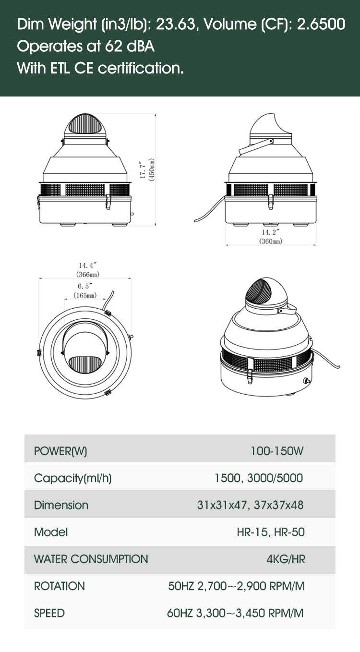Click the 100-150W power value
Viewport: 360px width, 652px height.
click(x=277, y=451)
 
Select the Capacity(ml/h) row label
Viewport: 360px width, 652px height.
click(x=72, y=478)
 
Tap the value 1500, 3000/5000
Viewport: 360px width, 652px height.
click(x=258, y=478)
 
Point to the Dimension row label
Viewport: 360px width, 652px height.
click(x=61, y=505)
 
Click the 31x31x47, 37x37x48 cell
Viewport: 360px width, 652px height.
click(x=250, y=505)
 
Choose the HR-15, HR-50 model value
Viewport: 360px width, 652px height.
click(x=271, y=532)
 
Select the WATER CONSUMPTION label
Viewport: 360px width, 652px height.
click(x=91, y=559)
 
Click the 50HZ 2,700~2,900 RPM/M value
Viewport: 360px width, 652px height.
click(x=236, y=586)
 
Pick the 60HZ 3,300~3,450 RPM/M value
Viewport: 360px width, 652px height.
click(x=236, y=613)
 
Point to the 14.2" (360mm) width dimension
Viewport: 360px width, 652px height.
click(x=271, y=237)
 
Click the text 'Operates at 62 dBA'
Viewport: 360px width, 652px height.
click(x=85, y=47)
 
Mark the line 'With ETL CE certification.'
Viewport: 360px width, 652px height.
click(x=100, y=68)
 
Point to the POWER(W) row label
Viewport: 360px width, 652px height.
click(x=60, y=451)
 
